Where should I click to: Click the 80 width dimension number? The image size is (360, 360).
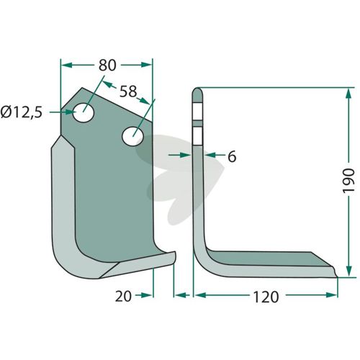click(107, 66)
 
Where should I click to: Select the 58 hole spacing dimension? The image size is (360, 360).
click(128, 91)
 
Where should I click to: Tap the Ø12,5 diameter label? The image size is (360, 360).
click(22, 112)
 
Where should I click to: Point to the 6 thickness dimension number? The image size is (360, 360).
click(232, 156)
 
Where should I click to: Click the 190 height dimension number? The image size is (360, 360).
click(348, 181)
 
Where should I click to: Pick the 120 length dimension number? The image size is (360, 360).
click(266, 297)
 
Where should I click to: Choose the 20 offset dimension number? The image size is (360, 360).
click(123, 296)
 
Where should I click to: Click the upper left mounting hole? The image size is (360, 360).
click(84, 112)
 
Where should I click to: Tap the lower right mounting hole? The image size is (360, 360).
click(132, 137)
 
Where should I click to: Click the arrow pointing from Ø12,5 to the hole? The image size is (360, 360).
click(61, 112)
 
